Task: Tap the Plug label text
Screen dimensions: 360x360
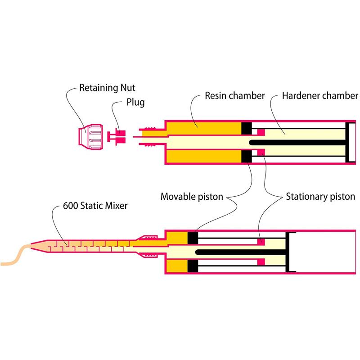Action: [135, 103]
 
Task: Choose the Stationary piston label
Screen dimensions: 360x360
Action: [320, 197]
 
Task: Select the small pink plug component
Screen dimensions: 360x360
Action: [118, 136]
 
